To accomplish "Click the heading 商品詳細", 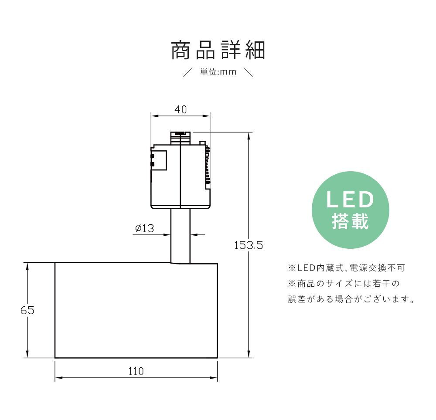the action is (218, 50).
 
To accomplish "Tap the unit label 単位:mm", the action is (218, 72).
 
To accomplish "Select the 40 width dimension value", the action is (181, 109).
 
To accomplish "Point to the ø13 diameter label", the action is (144, 228).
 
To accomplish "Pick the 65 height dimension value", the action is (27, 310).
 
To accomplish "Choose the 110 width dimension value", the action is (136, 371).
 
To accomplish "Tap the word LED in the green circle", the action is (350, 200).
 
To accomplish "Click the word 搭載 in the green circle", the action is (351, 221).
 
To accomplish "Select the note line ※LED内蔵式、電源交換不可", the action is (346, 268).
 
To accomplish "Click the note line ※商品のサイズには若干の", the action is (344, 284).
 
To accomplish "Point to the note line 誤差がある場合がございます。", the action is (351, 299).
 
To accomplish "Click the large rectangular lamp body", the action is (136, 310).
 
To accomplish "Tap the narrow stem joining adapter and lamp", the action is (181, 236).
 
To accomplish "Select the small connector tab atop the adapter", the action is (181, 138).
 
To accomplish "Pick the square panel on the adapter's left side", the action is (159, 160).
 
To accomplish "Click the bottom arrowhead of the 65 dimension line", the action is (27, 354).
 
